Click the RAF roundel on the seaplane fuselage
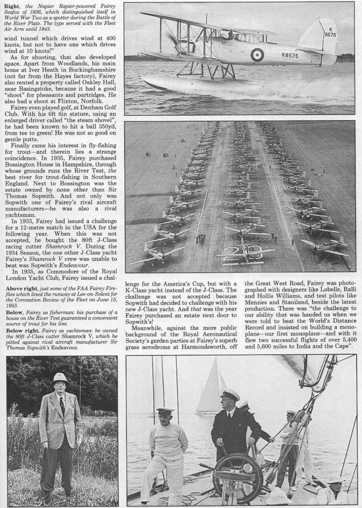point(257,55)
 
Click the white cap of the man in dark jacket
point(230,394)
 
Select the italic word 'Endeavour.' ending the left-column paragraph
point(99,264)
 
